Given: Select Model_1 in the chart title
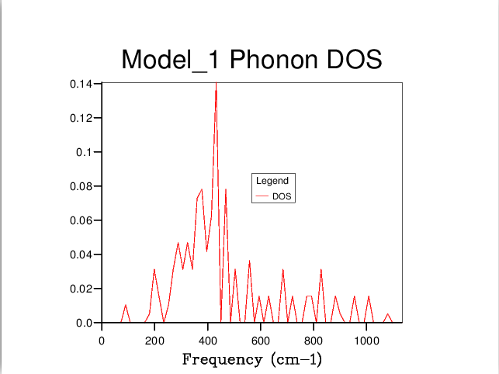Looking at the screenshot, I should click(164, 61).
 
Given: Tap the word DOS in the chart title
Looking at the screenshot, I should click(354, 60).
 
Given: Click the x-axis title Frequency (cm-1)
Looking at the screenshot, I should click(251, 360).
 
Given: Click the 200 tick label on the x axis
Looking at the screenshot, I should click(154, 339).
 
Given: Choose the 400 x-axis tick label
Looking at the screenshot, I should click(207, 339).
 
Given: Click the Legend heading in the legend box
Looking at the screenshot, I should click(272, 181).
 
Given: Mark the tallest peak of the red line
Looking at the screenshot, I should click(216, 84).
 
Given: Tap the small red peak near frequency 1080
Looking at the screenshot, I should click(388, 314).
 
